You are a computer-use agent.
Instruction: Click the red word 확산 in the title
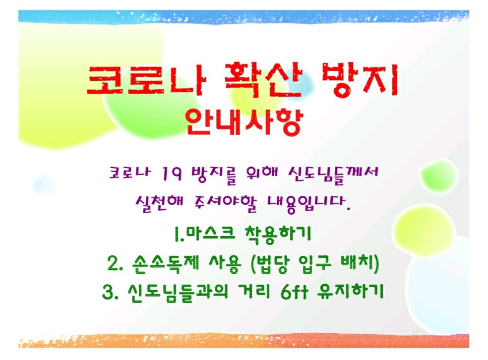[263, 79]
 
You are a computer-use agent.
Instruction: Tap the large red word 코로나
[147, 80]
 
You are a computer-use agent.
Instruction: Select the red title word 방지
[360, 79]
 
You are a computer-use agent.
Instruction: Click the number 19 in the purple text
[172, 174]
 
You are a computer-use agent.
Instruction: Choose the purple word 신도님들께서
[333, 175]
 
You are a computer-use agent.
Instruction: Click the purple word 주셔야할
[225, 204]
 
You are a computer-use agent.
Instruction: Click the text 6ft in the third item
[294, 292]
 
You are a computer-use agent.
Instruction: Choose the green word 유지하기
[351, 292]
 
